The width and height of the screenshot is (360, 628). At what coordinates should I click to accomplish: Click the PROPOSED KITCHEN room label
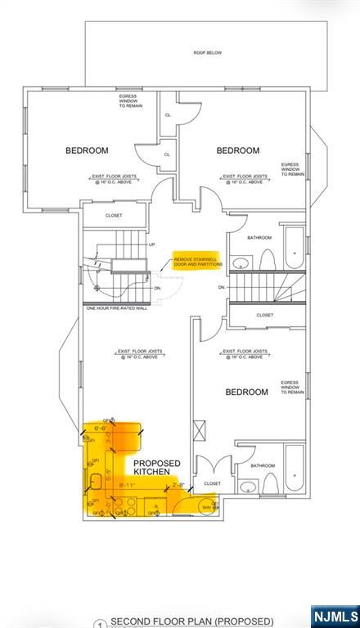pyautogui.click(x=157, y=468)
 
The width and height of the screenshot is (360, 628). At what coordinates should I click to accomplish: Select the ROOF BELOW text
pyautogui.click(x=207, y=53)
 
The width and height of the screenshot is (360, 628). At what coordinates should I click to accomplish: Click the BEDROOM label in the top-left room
pyautogui.click(x=88, y=150)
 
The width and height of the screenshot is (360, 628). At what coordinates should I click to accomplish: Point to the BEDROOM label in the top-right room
pyautogui.click(x=238, y=150)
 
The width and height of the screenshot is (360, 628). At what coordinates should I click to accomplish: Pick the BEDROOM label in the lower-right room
pyautogui.click(x=246, y=392)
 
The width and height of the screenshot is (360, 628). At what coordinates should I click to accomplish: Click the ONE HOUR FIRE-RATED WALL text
pyautogui.click(x=116, y=308)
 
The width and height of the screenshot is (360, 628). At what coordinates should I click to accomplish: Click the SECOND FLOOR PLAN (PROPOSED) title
pyautogui.click(x=192, y=621)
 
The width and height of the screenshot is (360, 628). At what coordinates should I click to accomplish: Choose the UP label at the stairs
pyautogui.click(x=151, y=244)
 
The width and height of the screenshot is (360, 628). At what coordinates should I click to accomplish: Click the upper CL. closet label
pyautogui.click(x=168, y=115)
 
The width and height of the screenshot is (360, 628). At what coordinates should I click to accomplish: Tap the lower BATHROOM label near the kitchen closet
pyautogui.click(x=263, y=466)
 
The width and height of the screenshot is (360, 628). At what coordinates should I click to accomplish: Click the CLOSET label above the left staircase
pyautogui.click(x=114, y=216)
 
